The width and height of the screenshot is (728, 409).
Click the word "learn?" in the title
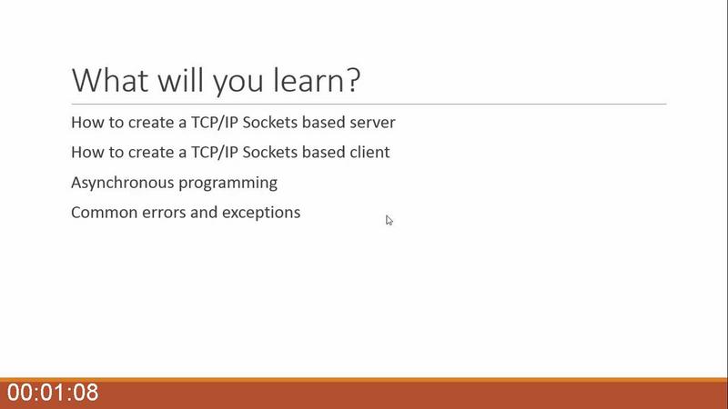click(316, 80)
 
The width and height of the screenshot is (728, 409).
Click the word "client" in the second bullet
click(370, 152)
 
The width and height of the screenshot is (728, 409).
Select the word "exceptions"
click(261, 213)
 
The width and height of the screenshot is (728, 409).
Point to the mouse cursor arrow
click(389, 220)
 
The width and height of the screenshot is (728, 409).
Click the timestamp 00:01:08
click(53, 393)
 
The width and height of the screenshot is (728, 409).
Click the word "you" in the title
click(238, 83)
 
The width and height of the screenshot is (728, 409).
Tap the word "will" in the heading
click(180, 80)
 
